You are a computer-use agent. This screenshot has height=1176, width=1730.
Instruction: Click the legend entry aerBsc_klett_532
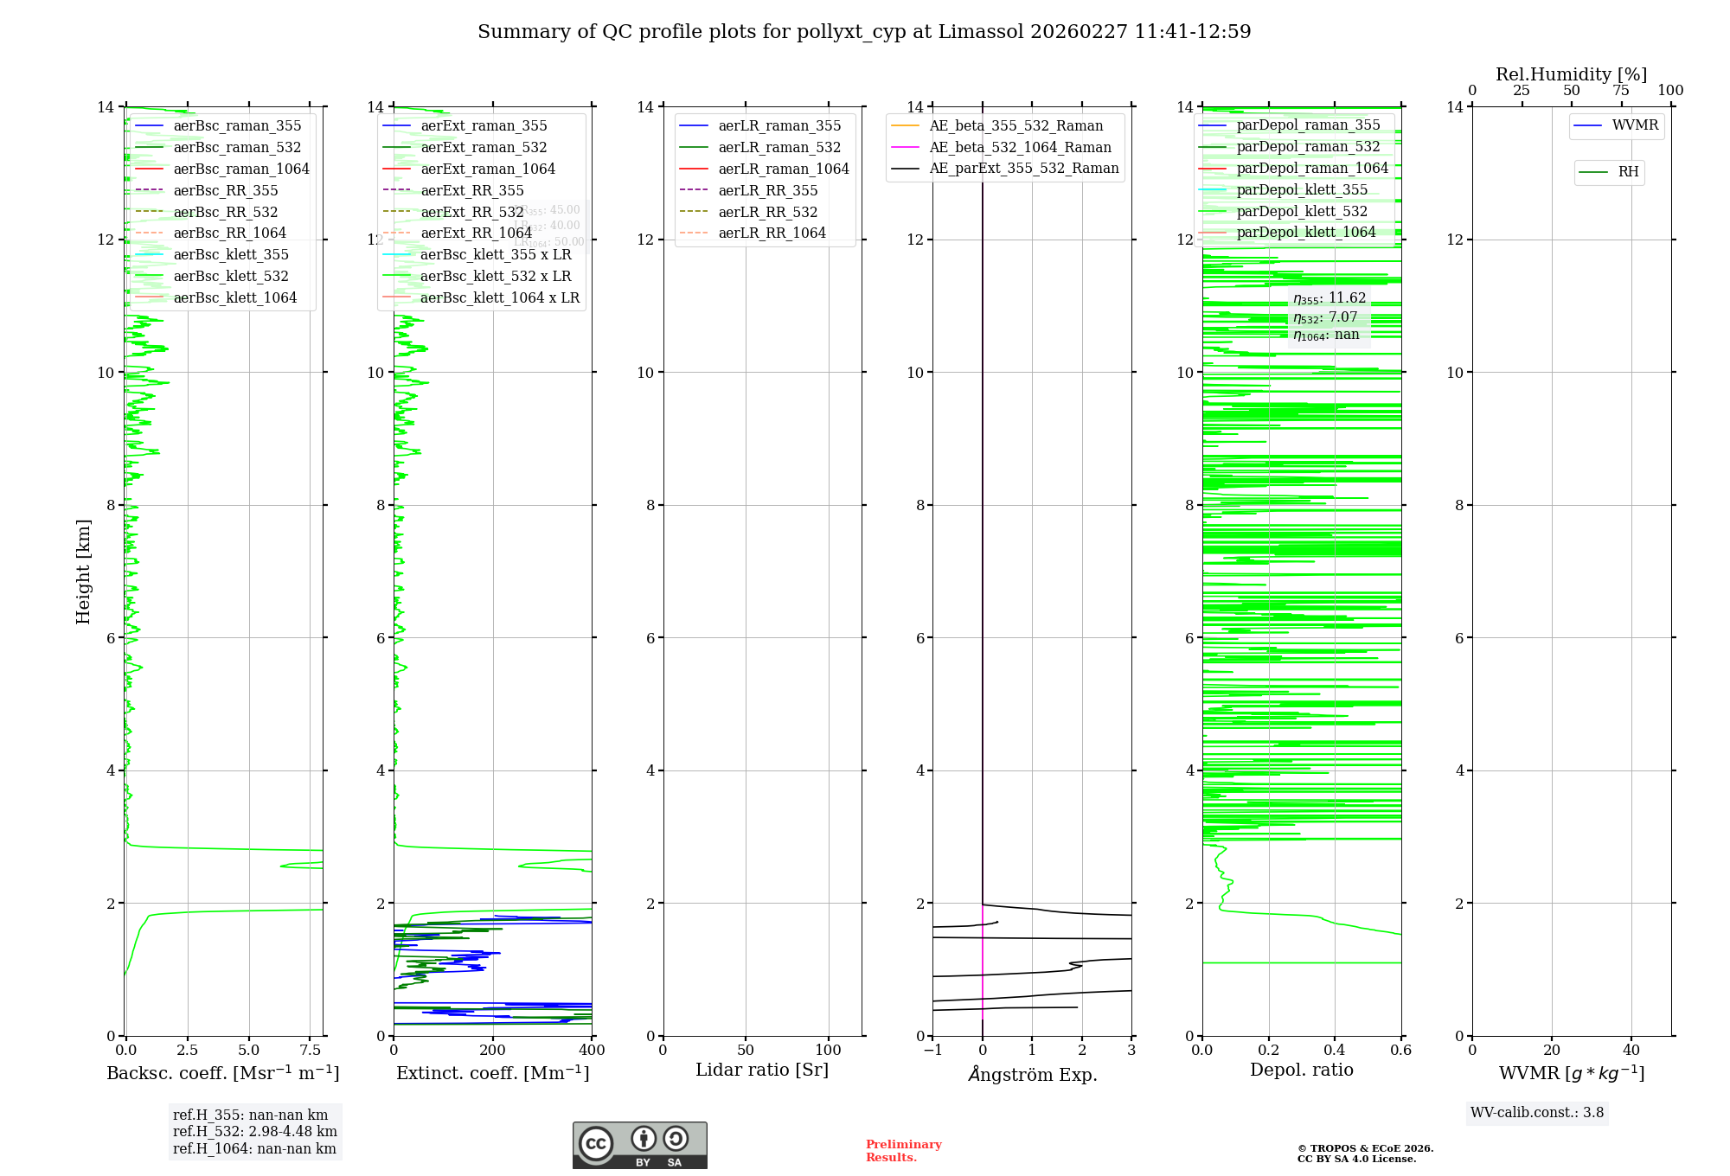click(x=231, y=277)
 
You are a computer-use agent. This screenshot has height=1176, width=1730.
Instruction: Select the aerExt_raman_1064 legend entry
click(x=488, y=169)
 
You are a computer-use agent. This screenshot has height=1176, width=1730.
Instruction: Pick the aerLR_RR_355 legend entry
click(x=767, y=191)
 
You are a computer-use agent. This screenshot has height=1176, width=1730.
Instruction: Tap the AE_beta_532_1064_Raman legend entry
click(x=1020, y=148)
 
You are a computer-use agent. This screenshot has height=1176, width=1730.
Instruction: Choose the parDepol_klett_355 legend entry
click(x=1302, y=190)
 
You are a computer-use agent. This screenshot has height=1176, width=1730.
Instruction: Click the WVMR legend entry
click(x=1635, y=126)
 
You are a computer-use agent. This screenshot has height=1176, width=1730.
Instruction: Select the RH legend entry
click(x=1628, y=172)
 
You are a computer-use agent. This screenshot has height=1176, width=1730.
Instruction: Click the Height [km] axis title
click(x=83, y=572)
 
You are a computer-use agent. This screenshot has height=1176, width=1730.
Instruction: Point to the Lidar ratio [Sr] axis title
click(x=762, y=1071)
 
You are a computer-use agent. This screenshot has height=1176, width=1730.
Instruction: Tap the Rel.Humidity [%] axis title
click(x=1571, y=74)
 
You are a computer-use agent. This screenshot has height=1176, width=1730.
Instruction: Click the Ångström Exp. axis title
click(x=1032, y=1075)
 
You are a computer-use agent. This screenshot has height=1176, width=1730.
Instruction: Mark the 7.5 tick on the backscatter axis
click(x=311, y=1051)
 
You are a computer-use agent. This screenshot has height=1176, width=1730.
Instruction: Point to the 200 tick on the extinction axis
click(x=493, y=1051)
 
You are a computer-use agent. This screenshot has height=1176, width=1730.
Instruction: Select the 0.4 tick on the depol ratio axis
click(x=1335, y=1051)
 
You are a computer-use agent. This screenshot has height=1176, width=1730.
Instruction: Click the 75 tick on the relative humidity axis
click(x=1621, y=91)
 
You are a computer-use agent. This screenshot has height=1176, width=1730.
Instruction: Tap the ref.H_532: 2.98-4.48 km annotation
click(x=254, y=1132)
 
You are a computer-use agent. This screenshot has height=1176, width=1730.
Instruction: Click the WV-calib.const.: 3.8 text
click(x=1537, y=1113)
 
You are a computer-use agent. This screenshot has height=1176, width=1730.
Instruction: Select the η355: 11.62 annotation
click(x=1330, y=299)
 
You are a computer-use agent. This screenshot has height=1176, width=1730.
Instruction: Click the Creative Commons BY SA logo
click(x=639, y=1146)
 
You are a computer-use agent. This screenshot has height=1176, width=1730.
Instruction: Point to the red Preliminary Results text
click(x=903, y=1151)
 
